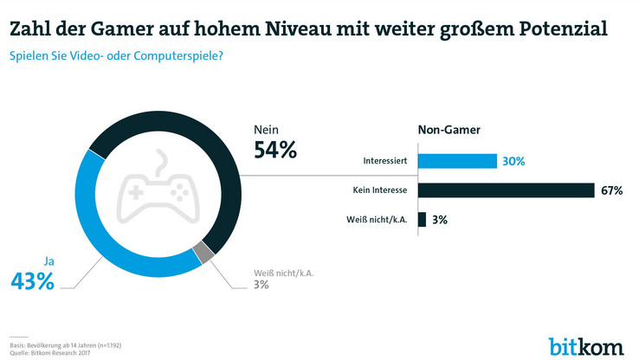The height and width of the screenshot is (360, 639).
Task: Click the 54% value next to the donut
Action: click(x=275, y=150)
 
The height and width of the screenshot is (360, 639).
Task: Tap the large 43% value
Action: click(x=32, y=280)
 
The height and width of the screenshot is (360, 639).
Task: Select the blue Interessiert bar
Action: click(x=457, y=161)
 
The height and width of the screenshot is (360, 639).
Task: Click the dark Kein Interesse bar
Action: click(x=506, y=190)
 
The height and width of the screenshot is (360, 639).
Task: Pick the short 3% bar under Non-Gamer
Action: click(x=422, y=220)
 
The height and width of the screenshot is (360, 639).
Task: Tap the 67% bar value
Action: click(x=610, y=190)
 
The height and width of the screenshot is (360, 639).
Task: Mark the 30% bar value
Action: click(x=513, y=161)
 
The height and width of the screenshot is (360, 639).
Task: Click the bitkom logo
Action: click(x=586, y=345)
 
